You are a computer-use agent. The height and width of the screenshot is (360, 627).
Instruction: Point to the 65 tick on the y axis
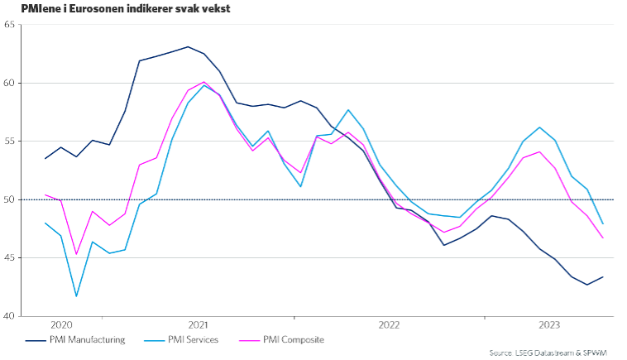10,25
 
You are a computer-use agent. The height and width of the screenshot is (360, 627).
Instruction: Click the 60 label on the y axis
10,83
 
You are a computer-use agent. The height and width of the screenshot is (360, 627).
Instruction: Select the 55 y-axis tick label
10,142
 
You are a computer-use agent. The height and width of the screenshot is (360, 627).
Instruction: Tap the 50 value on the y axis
10,199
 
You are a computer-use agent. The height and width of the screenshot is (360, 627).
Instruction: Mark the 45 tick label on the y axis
10,258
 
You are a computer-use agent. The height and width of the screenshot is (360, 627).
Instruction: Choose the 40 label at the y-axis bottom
10,316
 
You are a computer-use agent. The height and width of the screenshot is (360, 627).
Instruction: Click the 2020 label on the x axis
62,326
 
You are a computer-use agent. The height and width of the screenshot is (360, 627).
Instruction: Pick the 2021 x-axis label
198,326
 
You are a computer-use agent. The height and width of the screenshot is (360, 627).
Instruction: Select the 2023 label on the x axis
550,326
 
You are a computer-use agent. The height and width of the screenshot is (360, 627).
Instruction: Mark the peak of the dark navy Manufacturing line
188,46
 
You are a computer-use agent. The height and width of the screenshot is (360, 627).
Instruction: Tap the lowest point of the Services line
77,296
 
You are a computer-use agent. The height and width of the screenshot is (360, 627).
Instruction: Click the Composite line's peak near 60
203,82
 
